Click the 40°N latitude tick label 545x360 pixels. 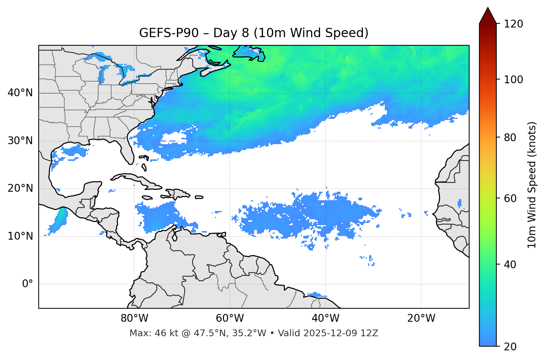coord(20,93)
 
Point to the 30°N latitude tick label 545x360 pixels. coord(20,141)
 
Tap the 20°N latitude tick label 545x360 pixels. coord(20,188)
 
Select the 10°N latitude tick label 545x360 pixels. coord(20,236)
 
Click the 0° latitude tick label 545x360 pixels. coord(28,284)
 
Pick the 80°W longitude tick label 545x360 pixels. coord(134,318)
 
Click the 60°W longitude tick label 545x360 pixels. coord(230,318)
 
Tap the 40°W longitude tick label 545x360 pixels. coord(325,318)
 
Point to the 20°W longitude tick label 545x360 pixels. coord(421,318)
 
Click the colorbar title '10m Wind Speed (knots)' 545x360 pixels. coord(532,185)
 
